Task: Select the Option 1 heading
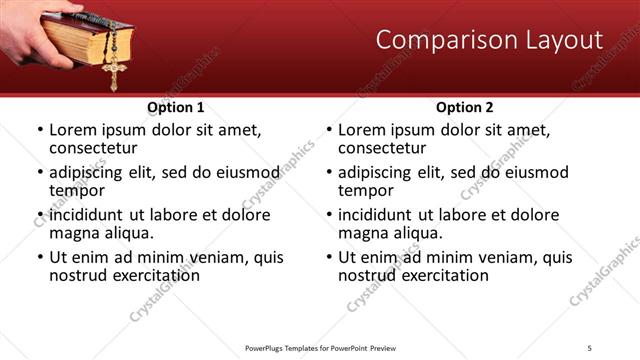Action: [x=175, y=107]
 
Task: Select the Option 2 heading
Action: [x=464, y=107]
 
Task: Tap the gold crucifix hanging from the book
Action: [x=114, y=70]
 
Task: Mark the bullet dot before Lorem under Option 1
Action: [x=39, y=130]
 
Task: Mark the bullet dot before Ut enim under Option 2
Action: [x=328, y=257]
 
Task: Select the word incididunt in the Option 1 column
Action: [x=90, y=215]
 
